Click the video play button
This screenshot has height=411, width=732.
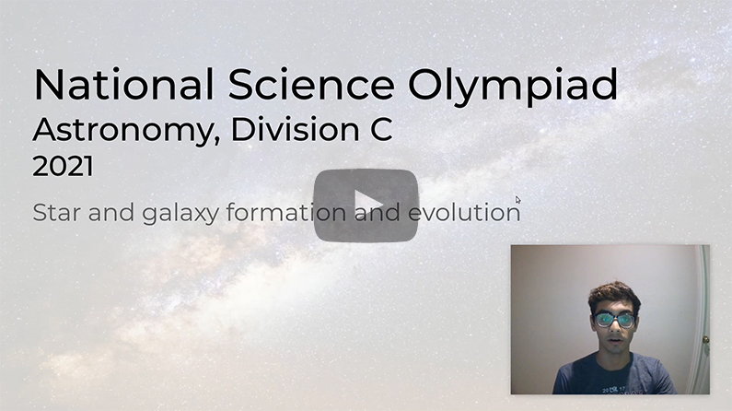click(366, 205)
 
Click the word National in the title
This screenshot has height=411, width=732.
click(116, 85)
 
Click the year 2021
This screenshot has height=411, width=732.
click(63, 167)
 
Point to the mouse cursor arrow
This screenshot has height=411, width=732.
click(518, 199)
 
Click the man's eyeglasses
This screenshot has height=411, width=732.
click(614, 320)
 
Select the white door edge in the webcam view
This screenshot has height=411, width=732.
click(703, 313)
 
